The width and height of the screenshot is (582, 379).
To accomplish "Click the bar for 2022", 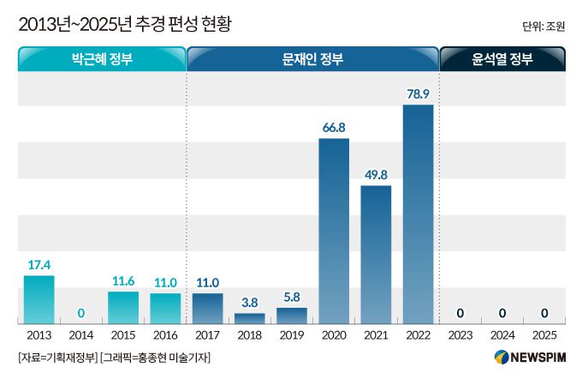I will [x=418, y=214].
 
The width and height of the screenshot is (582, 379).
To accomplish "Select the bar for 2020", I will [x=334, y=232].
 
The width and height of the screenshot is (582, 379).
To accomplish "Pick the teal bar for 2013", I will [x=39, y=299].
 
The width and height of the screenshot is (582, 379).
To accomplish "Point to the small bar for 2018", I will [x=249, y=318].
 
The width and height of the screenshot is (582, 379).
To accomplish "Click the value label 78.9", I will [x=419, y=93].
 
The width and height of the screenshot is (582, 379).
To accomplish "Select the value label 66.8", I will [x=334, y=127].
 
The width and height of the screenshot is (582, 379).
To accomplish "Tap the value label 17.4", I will [x=39, y=264].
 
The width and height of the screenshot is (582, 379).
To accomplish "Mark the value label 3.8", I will [x=249, y=302].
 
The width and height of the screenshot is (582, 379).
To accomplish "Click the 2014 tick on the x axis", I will [x=80, y=337].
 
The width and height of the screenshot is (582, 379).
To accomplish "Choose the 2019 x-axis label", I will [x=291, y=337].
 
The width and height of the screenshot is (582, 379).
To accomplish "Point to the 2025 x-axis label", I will [x=543, y=337].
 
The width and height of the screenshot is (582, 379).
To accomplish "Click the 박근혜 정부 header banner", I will [x=102, y=59].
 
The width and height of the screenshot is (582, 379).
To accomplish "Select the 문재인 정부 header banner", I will [x=312, y=59].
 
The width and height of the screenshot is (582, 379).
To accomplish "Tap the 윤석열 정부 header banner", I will [x=502, y=59].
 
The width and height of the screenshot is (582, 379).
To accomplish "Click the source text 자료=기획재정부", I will [x=56, y=358].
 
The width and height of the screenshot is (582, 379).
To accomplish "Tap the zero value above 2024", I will [x=502, y=313].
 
